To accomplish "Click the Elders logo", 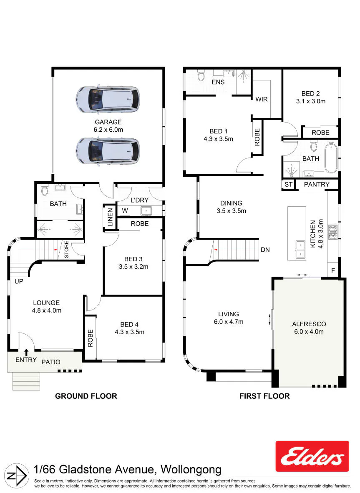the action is (312, 456).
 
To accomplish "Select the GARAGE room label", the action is (108, 122).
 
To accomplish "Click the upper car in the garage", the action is (108, 99).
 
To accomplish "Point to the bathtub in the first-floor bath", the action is (331, 158).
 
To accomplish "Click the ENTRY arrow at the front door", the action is (26, 352).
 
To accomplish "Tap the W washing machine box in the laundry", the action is (125, 210).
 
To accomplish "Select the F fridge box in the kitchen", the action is (333, 270).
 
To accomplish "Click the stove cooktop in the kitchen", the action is (333, 231).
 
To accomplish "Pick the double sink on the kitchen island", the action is (300, 250).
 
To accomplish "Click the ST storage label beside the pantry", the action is (288, 185).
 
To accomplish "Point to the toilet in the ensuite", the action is (201, 76).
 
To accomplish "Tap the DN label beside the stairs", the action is (265, 250).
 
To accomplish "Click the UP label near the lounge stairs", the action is (19, 281).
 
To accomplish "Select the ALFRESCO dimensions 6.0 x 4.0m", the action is (309, 331).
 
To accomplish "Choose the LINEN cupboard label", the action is (110, 217).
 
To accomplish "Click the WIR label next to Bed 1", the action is (262, 99).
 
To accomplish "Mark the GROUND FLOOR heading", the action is (86, 396).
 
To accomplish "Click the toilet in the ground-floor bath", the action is (44, 190).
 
